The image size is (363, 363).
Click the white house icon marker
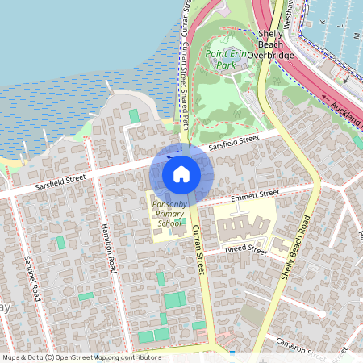(x=181, y=173)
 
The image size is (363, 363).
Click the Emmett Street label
(x=254, y=194)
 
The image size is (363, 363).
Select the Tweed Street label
(x=245, y=251)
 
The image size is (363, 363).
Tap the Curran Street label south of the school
(x=198, y=251)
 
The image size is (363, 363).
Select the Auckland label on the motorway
(x=348, y=113)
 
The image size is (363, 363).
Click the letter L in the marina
(x=341, y=26)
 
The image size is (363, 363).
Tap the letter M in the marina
(x=356, y=36)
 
